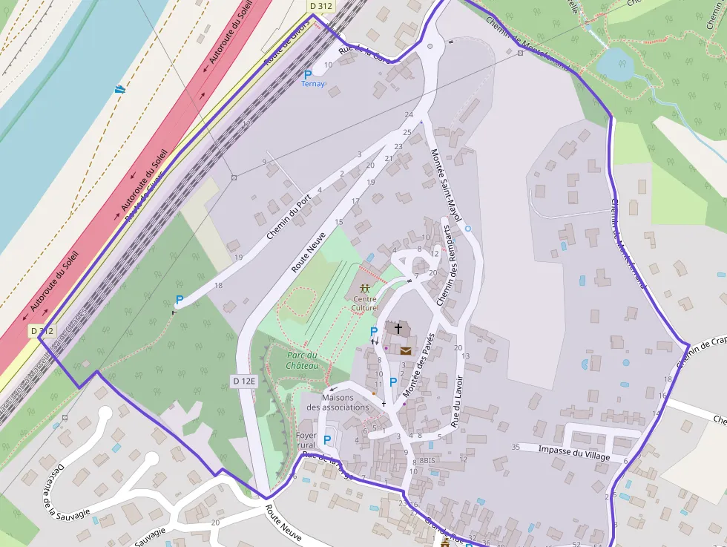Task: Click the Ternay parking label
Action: coord(312,84)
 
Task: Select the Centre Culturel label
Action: coord(365,304)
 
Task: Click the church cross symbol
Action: coord(398,328)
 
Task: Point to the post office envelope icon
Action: coord(407,350)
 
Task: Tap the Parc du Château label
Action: coord(303,360)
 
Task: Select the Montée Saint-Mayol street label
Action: coord(446,185)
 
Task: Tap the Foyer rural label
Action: coord(306,440)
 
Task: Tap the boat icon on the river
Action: coord(120,89)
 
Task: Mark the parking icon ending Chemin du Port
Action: coord(179,300)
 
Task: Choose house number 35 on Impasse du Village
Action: coord(516,446)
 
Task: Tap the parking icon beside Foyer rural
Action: coord(327,440)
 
